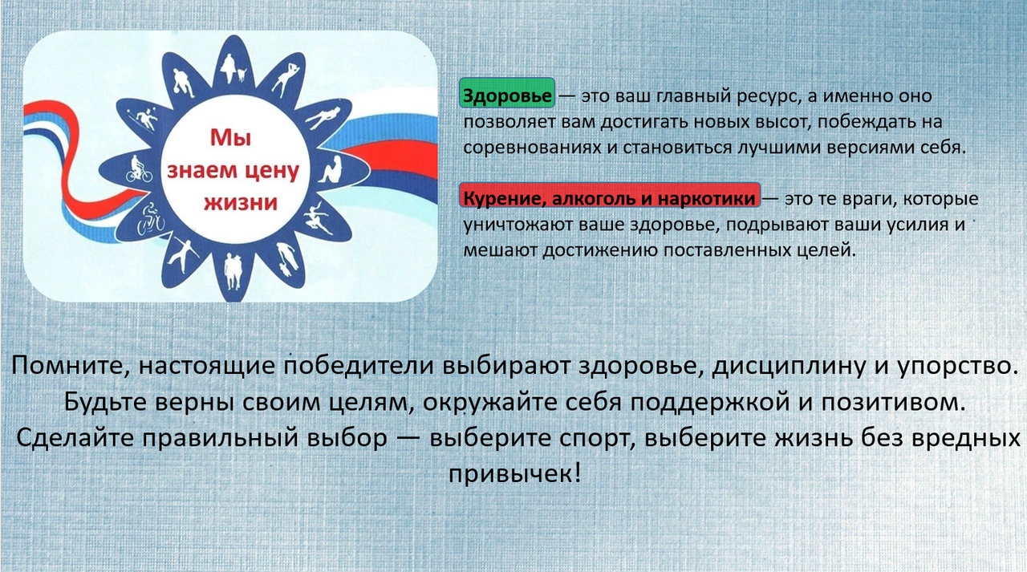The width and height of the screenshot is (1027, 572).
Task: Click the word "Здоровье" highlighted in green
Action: [507, 95]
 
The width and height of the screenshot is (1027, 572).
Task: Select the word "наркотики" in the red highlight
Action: [707, 198]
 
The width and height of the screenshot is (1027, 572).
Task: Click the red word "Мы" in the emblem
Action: [230, 137]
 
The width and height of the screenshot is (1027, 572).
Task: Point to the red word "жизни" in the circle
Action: [242, 202]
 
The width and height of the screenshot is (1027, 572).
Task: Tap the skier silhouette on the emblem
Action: [145, 120]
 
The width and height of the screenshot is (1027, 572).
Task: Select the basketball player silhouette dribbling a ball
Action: [185, 83]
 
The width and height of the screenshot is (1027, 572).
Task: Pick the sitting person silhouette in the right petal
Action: [331, 170]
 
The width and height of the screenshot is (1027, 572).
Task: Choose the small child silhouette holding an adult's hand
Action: [286, 269]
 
